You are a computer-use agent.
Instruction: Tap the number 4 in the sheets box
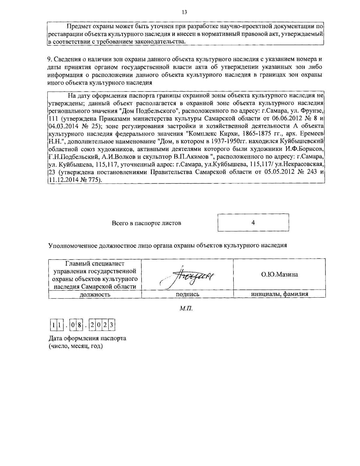point(253,223)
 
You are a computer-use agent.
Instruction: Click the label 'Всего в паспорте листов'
point(146,223)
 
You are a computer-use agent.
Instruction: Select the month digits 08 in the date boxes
point(76,325)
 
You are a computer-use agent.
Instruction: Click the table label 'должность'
point(95,294)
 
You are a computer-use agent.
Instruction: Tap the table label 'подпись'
point(187,294)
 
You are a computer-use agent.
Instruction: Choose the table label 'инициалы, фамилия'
point(279,294)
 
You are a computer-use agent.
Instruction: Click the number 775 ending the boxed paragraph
point(95,180)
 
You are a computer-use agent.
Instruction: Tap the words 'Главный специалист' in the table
point(95,264)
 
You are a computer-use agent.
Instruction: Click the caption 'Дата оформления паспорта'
point(87,338)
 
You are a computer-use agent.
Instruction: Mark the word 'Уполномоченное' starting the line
point(71,245)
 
